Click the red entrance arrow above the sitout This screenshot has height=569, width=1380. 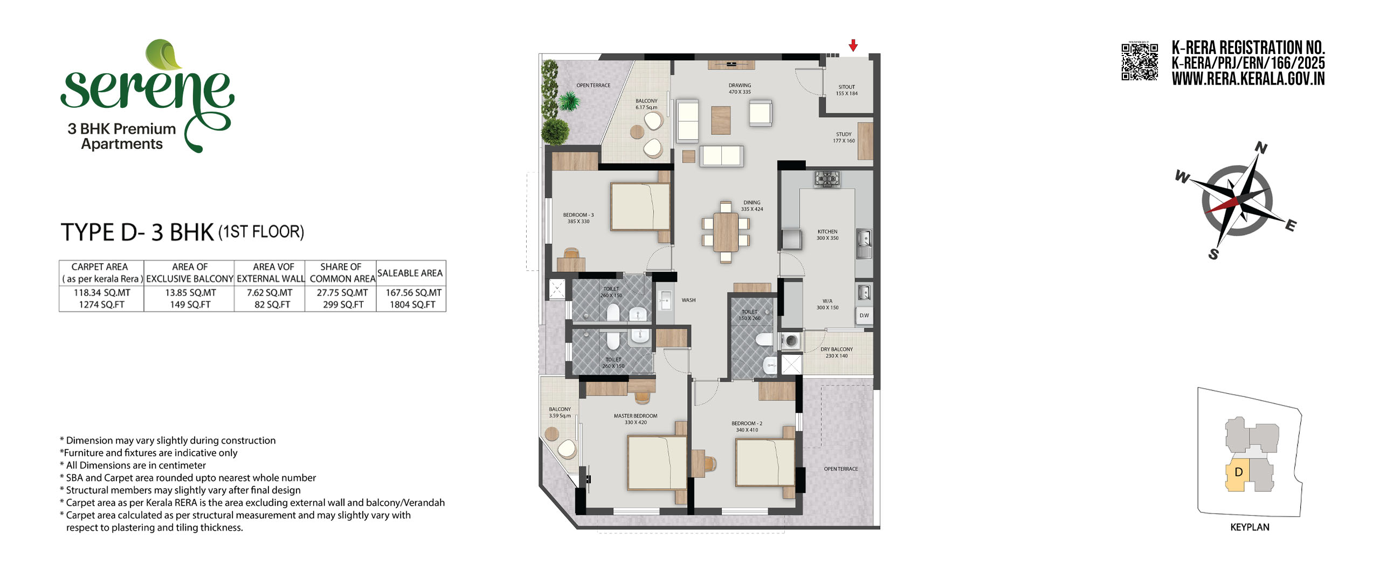coord(853,45)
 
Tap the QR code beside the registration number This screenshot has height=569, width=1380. coord(1140,62)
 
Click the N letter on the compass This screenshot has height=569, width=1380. coord(1261,147)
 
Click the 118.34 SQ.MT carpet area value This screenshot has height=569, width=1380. coord(102,293)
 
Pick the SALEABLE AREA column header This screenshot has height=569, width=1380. coord(410,273)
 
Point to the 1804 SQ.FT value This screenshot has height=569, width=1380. coord(412,305)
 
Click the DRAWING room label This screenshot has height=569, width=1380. coord(740,85)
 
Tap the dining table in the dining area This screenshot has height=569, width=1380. coord(726,232)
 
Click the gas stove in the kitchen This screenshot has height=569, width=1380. coord(827,179)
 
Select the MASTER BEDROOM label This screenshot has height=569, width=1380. coord(636,416)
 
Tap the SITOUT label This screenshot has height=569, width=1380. coord(846,87)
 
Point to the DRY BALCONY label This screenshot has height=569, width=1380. coord(837,349)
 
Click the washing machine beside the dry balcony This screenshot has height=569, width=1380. coord(791,341)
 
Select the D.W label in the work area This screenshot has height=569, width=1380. coord(864,316)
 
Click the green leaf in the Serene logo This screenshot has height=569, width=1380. coord(165,55)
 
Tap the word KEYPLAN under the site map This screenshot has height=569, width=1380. coord(1250,527)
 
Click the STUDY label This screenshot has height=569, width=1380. coord(844,134)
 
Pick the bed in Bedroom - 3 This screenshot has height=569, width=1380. coord(640,207)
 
